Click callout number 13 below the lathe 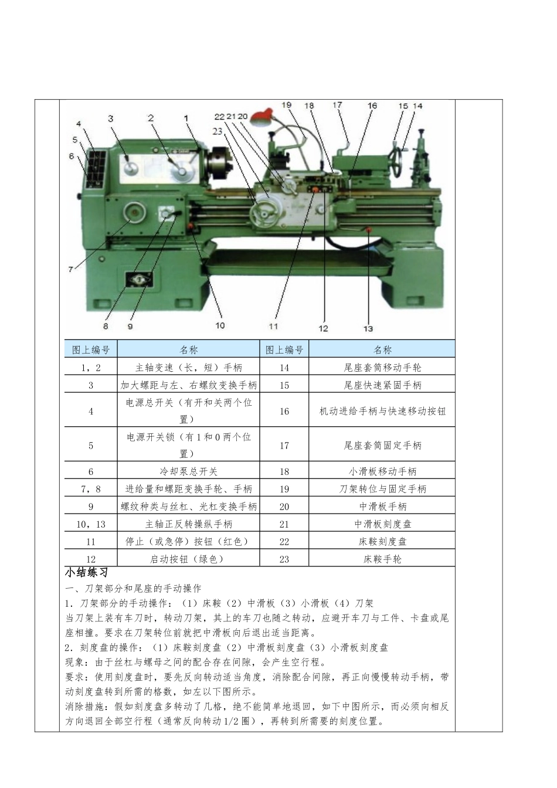(x=368, y=328)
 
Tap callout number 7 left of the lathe (x=70, y=269)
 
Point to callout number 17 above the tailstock (x=337, y=105)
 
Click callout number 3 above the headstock (x=110, y=118)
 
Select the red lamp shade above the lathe (x=262, y=116)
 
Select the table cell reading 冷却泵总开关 (x=189, y=471)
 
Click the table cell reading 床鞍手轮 (x=382, y=559)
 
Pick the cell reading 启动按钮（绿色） (x=189, y=559)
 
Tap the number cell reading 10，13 (x=91, y=524)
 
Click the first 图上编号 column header (x=91, y=349)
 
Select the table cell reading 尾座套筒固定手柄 (x=382, y=446)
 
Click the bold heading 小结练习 (x=86, y=573)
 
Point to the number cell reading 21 (x=284, y=524)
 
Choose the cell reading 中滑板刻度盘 (x=382, y=524)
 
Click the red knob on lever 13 (x=369, y=230)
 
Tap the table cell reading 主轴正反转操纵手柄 (x=189, y=524)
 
